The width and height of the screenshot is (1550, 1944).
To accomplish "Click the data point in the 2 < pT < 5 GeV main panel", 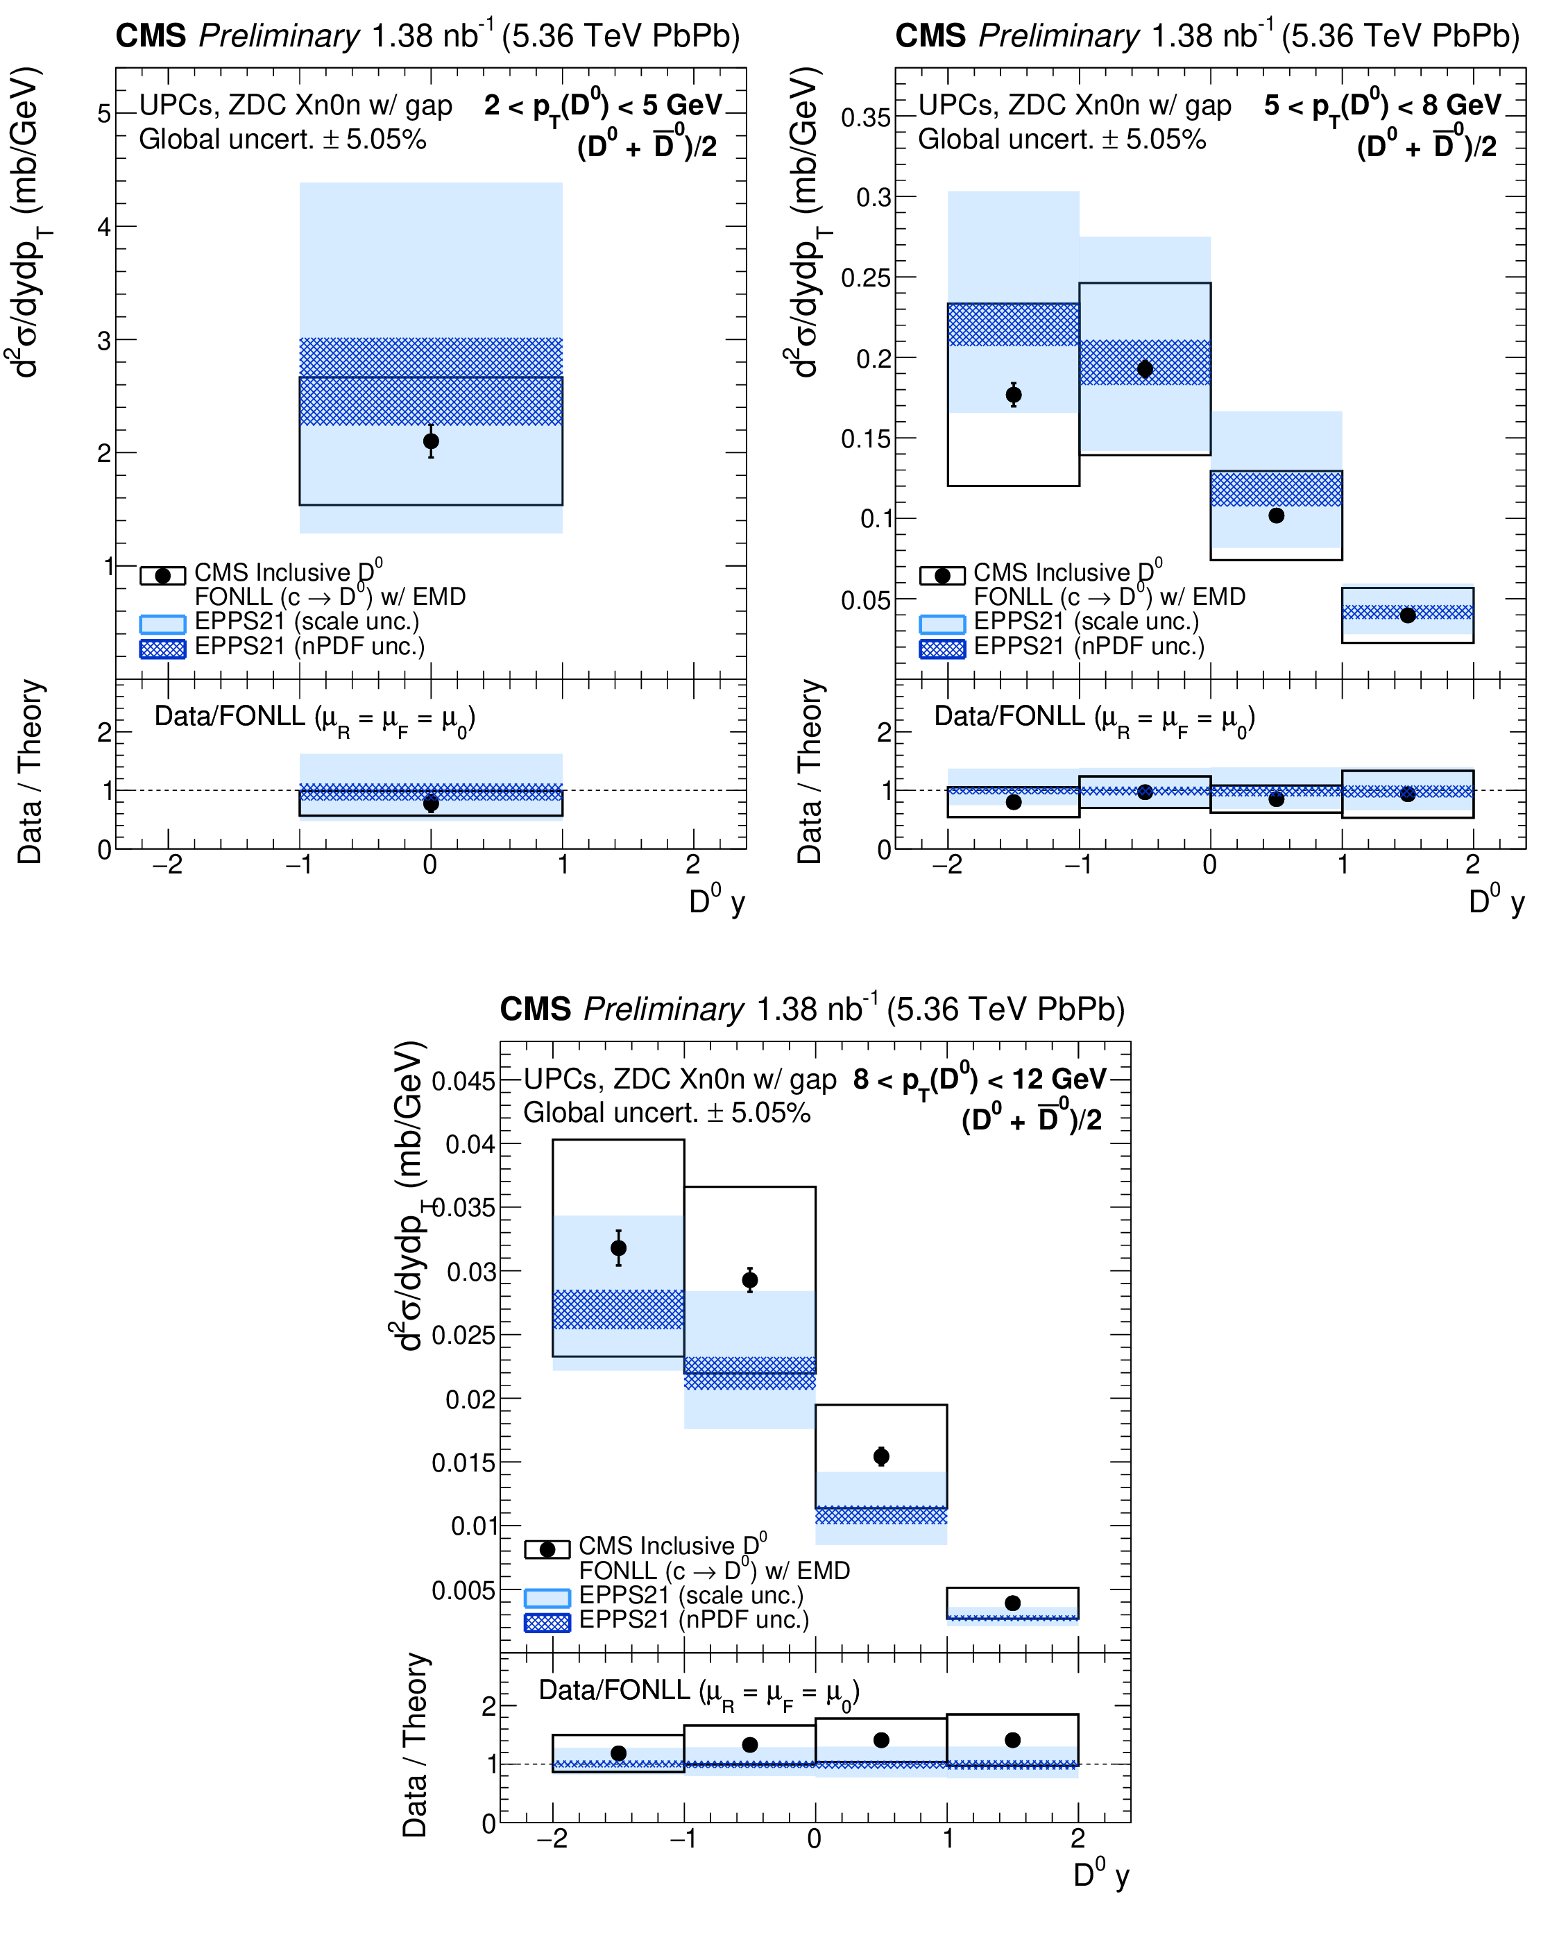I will [x=431, y=441].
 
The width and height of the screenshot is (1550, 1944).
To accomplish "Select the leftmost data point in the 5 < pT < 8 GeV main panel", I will [x=1014, y=394].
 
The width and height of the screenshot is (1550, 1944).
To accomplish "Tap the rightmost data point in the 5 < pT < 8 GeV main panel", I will [x=1408, y=615].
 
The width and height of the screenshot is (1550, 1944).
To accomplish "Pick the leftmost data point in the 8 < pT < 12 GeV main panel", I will [x=619, y=1248].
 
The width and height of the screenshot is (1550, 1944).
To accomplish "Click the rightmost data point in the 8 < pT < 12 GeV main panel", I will [x=1012, y=1602].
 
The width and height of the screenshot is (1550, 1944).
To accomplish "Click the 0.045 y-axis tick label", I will [x=463, y=1080].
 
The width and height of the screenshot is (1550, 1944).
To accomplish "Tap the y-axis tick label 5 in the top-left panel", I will [x=105, y=114].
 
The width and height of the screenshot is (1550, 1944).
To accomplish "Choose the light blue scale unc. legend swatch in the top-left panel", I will [x=162, y=623].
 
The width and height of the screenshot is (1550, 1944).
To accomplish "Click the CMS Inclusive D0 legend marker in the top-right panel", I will [x=942, y=575].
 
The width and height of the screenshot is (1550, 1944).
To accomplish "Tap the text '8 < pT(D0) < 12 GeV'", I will [x=979, y=1080].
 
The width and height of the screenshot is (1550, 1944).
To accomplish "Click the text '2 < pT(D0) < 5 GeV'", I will [x=602, y=106].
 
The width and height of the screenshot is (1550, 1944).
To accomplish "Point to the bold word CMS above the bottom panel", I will [x=535, y=1009].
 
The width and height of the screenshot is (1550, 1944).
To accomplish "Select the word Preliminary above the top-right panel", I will [x=1059, y=36].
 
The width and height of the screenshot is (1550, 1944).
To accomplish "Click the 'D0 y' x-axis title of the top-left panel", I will [x=717, y=901].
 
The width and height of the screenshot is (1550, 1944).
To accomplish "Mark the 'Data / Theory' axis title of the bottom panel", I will [x=415, y=1745].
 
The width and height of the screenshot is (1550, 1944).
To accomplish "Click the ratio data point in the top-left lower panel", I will [x=431, y=803].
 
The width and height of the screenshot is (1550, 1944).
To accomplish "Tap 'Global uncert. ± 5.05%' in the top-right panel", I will [x=1062, y=139].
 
